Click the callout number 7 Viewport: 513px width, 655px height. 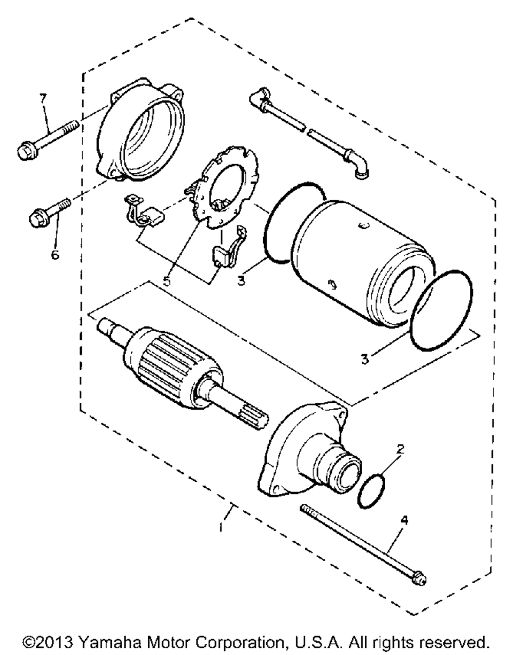click(43, 97)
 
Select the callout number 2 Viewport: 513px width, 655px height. click(401, 449)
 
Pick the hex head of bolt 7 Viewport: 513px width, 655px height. click(24, 151)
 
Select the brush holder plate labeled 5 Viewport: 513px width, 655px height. click(226, 190)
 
